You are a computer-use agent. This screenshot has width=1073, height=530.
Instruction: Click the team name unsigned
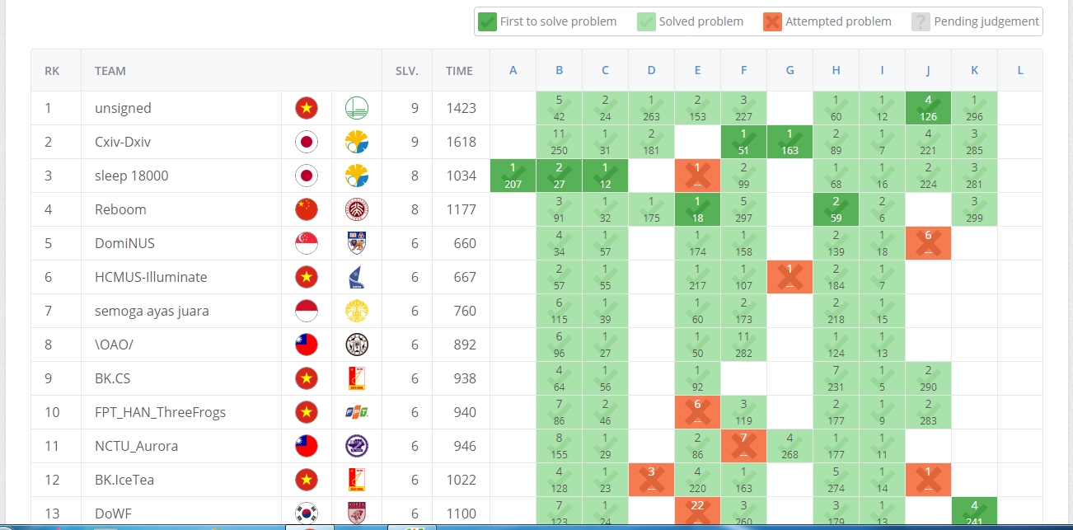coord(123,108)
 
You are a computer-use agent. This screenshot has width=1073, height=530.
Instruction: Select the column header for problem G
coord(790,70)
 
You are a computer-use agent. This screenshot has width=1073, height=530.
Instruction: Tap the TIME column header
coord(459,71)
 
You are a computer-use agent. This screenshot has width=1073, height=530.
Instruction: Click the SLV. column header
coord(406,71)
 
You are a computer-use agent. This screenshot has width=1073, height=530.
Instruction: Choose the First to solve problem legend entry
coord(548,21)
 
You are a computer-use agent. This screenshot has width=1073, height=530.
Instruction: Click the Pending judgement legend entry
coord(976,21)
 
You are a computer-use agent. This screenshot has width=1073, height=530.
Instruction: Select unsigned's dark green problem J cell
coord(928,108)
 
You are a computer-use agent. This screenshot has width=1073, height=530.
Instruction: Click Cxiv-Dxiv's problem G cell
coord(790,142)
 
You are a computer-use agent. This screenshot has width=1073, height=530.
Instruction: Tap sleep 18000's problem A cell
coord(513,176)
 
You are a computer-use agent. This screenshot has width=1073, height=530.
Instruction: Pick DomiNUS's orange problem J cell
coord(928,243)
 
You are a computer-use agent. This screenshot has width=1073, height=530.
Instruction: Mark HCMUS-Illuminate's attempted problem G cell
coord(790,277)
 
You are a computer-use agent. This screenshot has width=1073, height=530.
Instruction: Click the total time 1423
coord(461,108)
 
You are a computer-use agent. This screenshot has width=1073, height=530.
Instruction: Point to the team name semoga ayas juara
coord(152,311)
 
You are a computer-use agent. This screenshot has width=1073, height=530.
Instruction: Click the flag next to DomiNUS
coord(306,243)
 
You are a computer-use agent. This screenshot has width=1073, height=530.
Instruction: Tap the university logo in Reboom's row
coord(356,209)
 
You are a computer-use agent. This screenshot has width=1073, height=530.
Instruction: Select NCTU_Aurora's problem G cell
coord(790,446)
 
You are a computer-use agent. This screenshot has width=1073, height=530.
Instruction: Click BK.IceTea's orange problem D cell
coord(651,480)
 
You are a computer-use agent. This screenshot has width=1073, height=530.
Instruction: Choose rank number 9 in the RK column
coord(48,378)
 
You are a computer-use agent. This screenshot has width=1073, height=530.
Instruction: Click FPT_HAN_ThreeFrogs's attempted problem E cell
coord(697,412)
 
